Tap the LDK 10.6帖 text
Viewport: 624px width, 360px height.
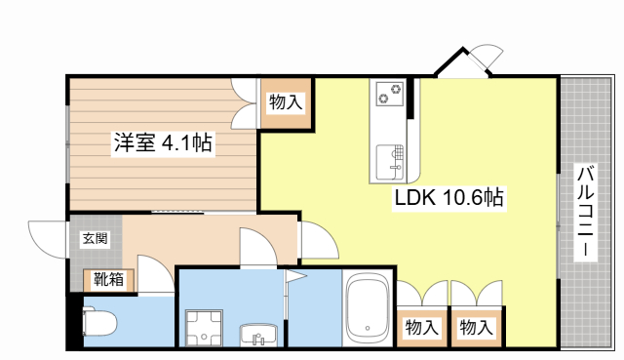(448, 198)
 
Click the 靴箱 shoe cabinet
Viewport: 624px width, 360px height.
(109, 280)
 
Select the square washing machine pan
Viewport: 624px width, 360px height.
(206, 326)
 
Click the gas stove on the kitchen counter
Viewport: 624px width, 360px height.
(394, 95)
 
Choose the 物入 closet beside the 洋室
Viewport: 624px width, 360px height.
(286, 100)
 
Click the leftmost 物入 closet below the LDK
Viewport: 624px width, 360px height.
(420, 326)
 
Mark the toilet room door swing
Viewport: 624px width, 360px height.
(154, 274)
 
